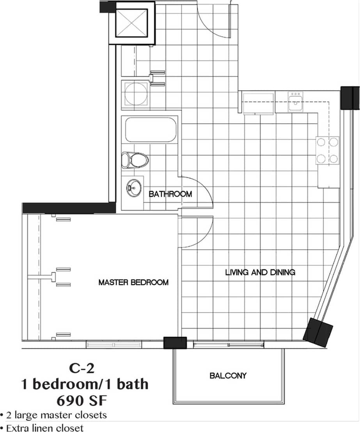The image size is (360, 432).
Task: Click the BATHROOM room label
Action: pyautogui.click(x=170, y=194)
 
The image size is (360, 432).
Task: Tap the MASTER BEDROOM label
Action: pyautogui.click(x=133, y=282)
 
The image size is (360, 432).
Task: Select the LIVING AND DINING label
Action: pyautogui.click(x=260, y=272)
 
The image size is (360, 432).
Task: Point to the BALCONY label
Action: pyautogui.click(x=228, y=376)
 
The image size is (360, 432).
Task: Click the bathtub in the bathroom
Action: pyautogui.click(x=150, y=130)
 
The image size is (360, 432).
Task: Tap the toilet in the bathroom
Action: pyautogui.click(x=135, y=160)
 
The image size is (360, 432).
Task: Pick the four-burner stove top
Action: pyautogui.click(x=327, y=150)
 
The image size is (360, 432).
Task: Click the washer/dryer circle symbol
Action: pyautogui.click(x=135, y=93)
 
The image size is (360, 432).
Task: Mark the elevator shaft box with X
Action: pyautogui.click(x=131, y=23)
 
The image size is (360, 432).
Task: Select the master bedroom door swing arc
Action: pyautogui.click(x=197, y=232)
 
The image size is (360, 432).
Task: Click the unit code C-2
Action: pyautogui.click(x=82, y=367)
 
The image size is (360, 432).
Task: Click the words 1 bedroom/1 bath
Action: pyautogui.click(x=85, y=384)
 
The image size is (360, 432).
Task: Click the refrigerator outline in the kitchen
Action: pyautogui.click(x=258, y=103)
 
